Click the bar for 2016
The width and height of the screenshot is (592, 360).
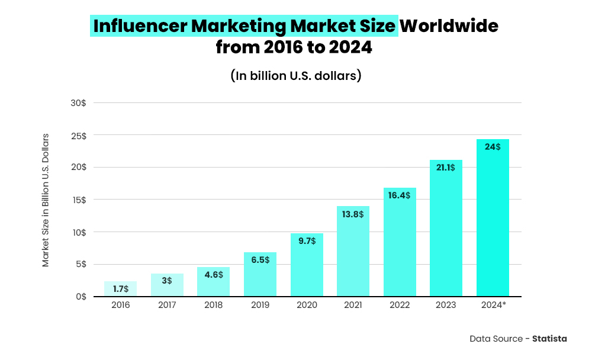[120, 289]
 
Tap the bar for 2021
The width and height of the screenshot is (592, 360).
[353, 251]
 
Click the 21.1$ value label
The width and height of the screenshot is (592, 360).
[446, 168]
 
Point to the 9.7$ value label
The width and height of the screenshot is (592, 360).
[307, 240]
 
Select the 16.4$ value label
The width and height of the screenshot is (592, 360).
[400, 195]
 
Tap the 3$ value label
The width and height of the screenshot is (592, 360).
[167, 281]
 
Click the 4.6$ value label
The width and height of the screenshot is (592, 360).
[213, 274]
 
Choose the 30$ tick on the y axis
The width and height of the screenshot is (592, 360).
[78, 103]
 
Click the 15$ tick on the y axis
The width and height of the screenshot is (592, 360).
[78, 200]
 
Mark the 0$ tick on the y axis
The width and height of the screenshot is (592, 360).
[81, 297]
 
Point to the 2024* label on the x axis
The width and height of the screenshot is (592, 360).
[493, 305]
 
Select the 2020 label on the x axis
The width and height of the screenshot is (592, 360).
[307, 305]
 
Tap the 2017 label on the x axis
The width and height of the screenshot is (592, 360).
[167, 305]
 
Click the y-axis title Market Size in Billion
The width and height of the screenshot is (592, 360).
[46, 200]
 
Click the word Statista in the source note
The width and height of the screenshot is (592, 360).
[549, 339]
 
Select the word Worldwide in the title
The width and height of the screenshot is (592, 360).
[449, 26]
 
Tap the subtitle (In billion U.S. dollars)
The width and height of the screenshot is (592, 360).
[295, 76]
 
